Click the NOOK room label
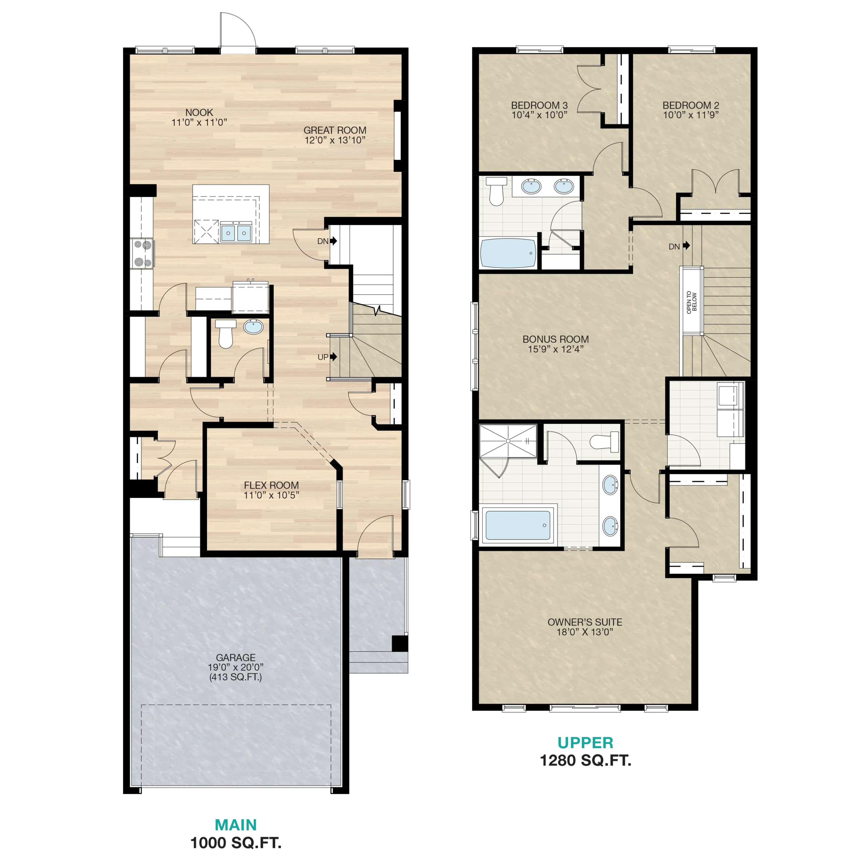199,112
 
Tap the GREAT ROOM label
335,130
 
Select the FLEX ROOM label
271,486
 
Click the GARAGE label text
236,657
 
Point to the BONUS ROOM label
556,339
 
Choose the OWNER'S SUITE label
585,622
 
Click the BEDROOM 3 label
539,105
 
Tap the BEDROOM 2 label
691,105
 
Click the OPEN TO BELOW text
692,302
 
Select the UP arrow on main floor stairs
334,357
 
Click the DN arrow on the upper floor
687,245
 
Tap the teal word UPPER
586,743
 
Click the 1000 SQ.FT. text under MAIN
236,843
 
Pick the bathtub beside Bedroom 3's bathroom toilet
508,253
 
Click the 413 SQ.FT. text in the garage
236,677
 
